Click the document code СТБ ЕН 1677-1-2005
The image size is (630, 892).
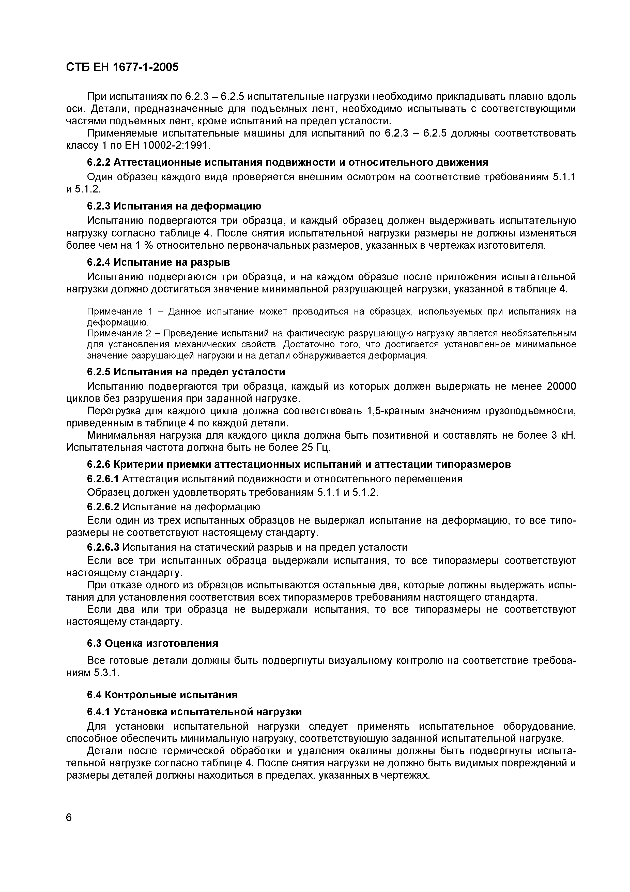[122, 67]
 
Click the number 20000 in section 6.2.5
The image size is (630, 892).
[561, 386]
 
